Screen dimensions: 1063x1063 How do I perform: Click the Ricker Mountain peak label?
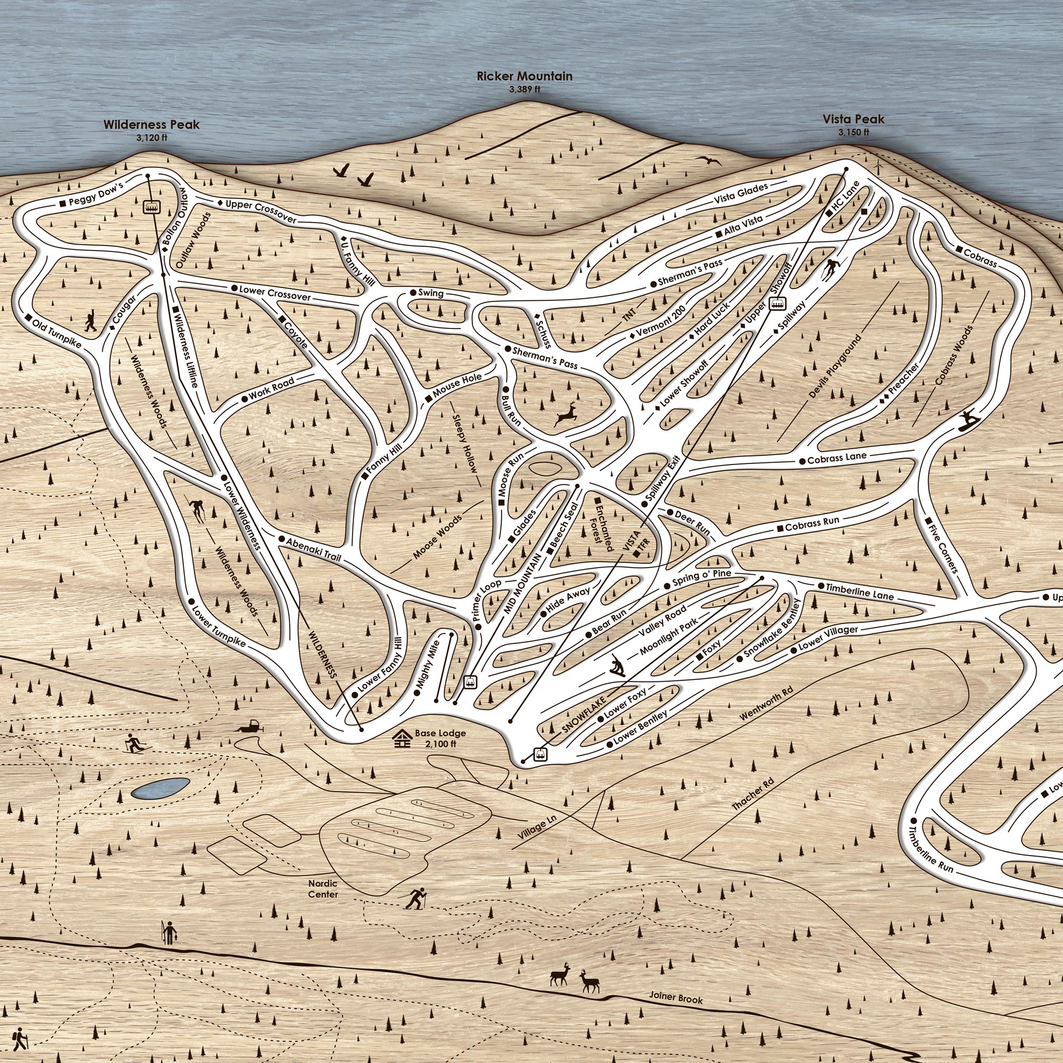pos(525,77)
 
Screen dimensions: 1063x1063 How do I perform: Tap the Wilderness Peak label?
pos(151,125)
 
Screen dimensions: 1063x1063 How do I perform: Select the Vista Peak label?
pos(854,120)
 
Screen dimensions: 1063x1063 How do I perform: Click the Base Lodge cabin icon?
pos(402,738)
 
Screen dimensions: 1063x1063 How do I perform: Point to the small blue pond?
pos(161,788)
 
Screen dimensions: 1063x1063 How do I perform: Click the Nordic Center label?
pos(323,889)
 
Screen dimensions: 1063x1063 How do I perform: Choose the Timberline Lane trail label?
pos(859,592)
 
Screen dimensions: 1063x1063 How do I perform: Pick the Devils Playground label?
pos(834,366)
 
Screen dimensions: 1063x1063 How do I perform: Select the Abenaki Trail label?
pos(314,549)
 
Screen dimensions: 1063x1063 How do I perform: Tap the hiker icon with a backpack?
pos(20,1036)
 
